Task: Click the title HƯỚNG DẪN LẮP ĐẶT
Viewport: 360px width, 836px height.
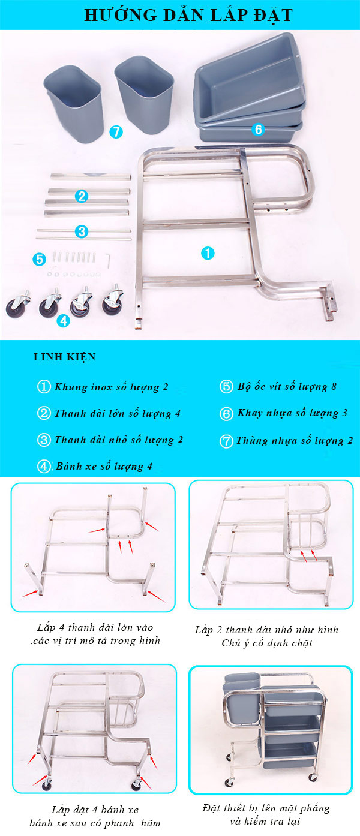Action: tap(180, 14)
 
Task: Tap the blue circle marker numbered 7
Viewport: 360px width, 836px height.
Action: tap(116, 131)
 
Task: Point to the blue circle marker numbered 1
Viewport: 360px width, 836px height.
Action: tap(207, 253)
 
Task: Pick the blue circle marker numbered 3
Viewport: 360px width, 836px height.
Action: tap(82, 231)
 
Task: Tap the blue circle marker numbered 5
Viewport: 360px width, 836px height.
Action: tap(40, 259)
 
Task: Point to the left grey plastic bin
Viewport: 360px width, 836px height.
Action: tap(74, 105)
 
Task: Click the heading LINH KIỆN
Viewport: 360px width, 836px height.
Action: tap(64, 357)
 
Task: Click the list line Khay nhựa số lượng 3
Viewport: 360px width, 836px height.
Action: tap(292, 413)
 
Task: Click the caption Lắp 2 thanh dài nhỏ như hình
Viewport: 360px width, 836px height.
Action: tap(266, 630)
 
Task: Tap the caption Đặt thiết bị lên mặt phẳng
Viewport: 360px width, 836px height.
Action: tap(266, 808)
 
